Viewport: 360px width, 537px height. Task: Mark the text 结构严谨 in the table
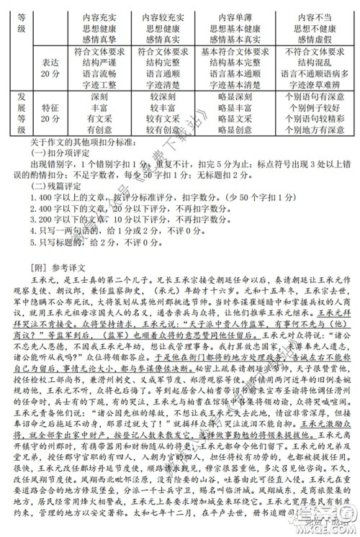[x=100, y=63]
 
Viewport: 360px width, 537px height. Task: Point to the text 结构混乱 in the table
[x=315, y=63]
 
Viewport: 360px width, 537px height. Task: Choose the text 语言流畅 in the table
[x=100, y=74]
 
